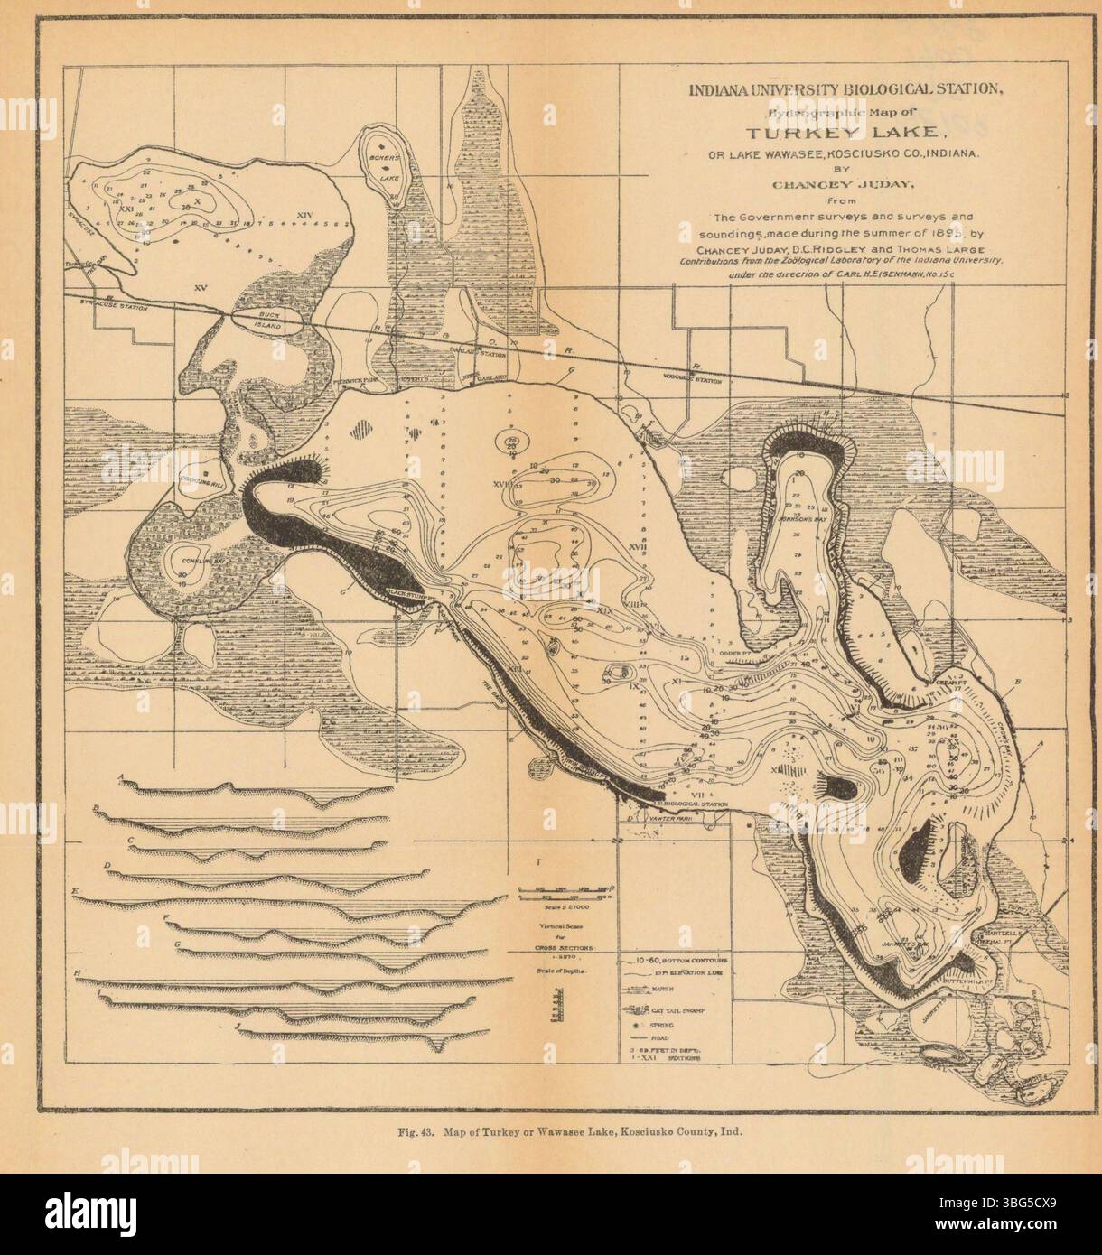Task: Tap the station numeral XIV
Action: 304,214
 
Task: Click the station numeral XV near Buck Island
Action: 201,286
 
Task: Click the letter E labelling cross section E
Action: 76,892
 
